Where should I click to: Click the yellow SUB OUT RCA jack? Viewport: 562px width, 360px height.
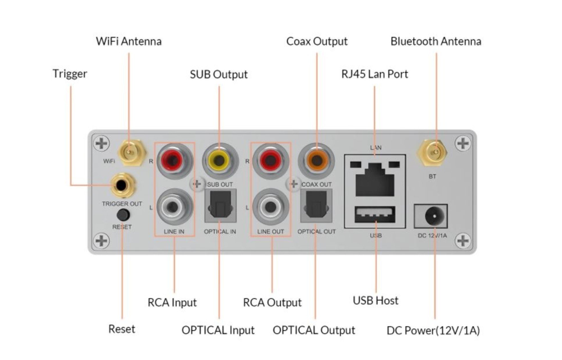(220, 161)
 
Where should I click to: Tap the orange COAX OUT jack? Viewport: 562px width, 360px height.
(316, 161)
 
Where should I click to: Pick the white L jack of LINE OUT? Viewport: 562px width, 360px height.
(270, 207)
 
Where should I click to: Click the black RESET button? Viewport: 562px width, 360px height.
(123, 215)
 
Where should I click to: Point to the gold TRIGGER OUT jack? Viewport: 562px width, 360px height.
(122, 185)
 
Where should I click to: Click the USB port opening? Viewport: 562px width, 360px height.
(375, 214)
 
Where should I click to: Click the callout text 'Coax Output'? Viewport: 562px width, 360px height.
(317, 41)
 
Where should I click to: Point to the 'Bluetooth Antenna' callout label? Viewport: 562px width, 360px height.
(436, 41)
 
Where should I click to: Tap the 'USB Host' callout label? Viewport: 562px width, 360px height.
(375, 301)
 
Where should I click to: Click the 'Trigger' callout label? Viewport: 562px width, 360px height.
(70, 74)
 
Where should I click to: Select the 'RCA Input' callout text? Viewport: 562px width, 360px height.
(172, 303)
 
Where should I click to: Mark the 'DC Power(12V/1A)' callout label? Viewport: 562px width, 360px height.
(433, 330)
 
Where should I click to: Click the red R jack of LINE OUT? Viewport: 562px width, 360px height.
(270, 161)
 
